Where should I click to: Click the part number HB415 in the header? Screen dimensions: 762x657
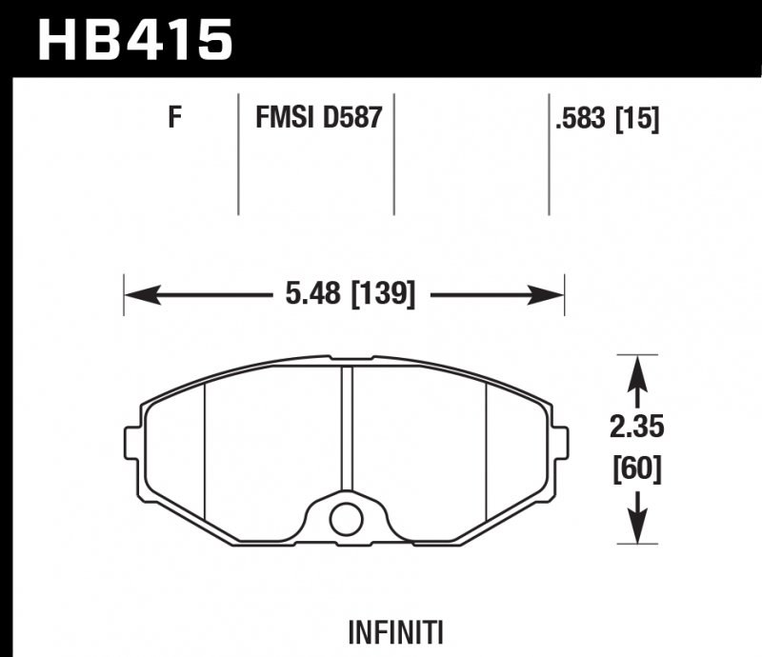coord(135,39)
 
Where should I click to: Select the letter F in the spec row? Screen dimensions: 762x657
coord(174,118)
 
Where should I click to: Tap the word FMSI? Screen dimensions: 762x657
coord(285,118)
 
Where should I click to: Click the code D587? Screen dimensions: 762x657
coord(352,118)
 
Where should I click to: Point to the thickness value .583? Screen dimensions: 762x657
coord(581,119)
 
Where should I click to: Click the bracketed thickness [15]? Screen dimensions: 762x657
coord(637,119)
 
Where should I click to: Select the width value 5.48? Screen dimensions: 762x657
coord(313,293)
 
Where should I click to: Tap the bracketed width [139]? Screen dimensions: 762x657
coord(384,294)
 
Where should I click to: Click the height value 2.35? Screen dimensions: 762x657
coord(636,428)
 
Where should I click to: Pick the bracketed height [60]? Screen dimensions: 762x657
coord(637,469)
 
